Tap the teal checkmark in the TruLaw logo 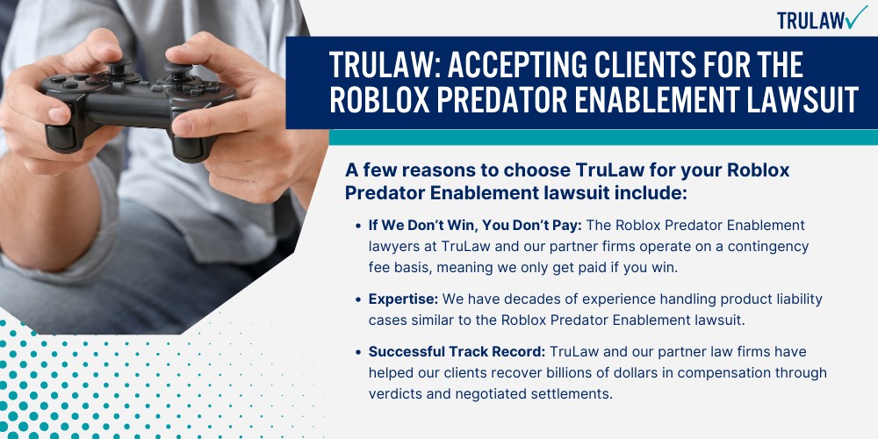(854, 17)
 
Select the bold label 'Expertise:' (400, 299)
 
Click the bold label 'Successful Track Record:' (457, 350)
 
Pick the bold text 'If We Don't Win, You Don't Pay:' (475, 226)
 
